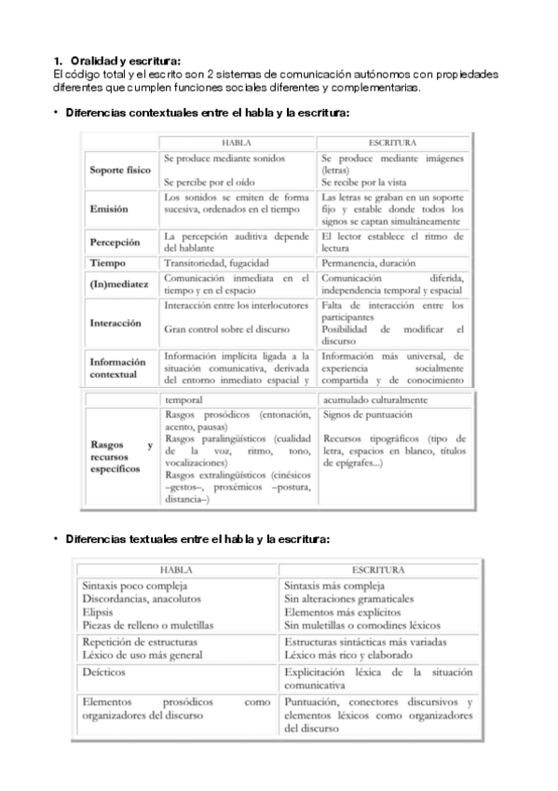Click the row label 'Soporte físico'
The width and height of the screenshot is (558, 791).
pyautogui.click(x=119, y=171)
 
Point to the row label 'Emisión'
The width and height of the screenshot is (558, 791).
pyautogui.click(x=109, y=209)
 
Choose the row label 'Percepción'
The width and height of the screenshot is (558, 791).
pyautogui.click(x=115, y=243)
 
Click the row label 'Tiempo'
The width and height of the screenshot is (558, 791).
pyautogui.click(x=107, y=263)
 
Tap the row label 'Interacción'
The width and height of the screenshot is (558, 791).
pyautogui.click(x=116, y=323)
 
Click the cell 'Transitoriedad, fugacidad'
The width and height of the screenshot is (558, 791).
pyautogui.click(x=217, y=263)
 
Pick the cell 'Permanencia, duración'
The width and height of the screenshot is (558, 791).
pyautogui.click(x=369, y=263)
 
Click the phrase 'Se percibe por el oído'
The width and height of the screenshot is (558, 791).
pyautogui.click(x=211, y=183)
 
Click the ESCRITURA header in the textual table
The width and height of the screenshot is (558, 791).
pyautogui.click(x=377, y=568)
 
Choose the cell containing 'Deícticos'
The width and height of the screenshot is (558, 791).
pyautogui.click(x=102, y=671)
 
